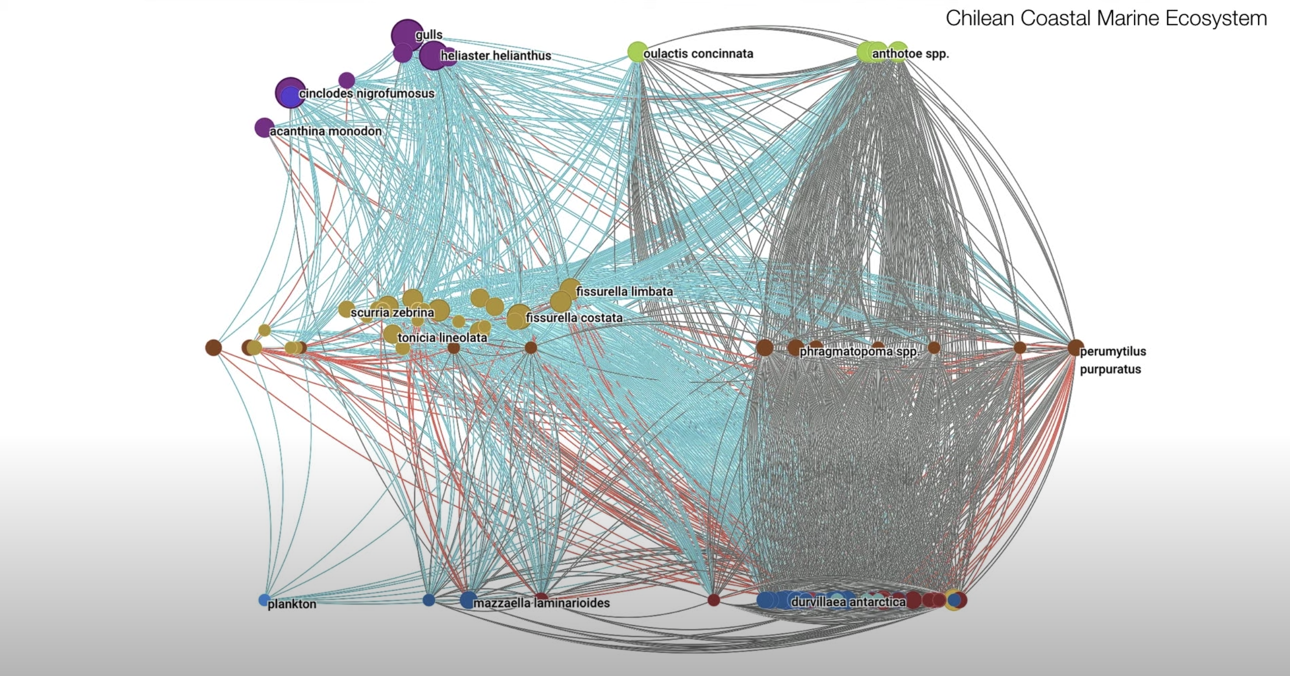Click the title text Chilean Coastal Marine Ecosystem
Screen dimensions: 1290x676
tap(1106, 18)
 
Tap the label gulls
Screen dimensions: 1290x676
tap(429, 35)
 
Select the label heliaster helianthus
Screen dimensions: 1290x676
tap(496, 55)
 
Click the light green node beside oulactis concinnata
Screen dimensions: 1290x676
tap(636, 52)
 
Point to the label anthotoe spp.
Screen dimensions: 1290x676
tap(910, 53)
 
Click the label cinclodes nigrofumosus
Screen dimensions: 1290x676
tap(366, 94)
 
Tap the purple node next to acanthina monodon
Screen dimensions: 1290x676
tap(264, 128)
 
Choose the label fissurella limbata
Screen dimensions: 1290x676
tap(624, 292)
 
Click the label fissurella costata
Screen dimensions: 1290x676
tap(574, 318)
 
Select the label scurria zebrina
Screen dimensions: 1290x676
tap(392, 312)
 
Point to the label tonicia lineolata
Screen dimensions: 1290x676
tap(442, 337)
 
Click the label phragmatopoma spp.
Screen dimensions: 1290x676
tap(859, 351)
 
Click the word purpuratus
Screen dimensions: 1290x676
tap(1110, 370)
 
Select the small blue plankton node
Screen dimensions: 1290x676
tap(263, 600)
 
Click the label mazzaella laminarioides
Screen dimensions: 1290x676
tap(541, 603)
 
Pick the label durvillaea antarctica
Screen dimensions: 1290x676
tap(848, 602)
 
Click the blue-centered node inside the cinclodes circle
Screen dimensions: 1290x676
tap(290, 97)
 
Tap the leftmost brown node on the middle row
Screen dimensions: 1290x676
tap(213, 348)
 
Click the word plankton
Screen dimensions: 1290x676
tap(292, 604)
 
